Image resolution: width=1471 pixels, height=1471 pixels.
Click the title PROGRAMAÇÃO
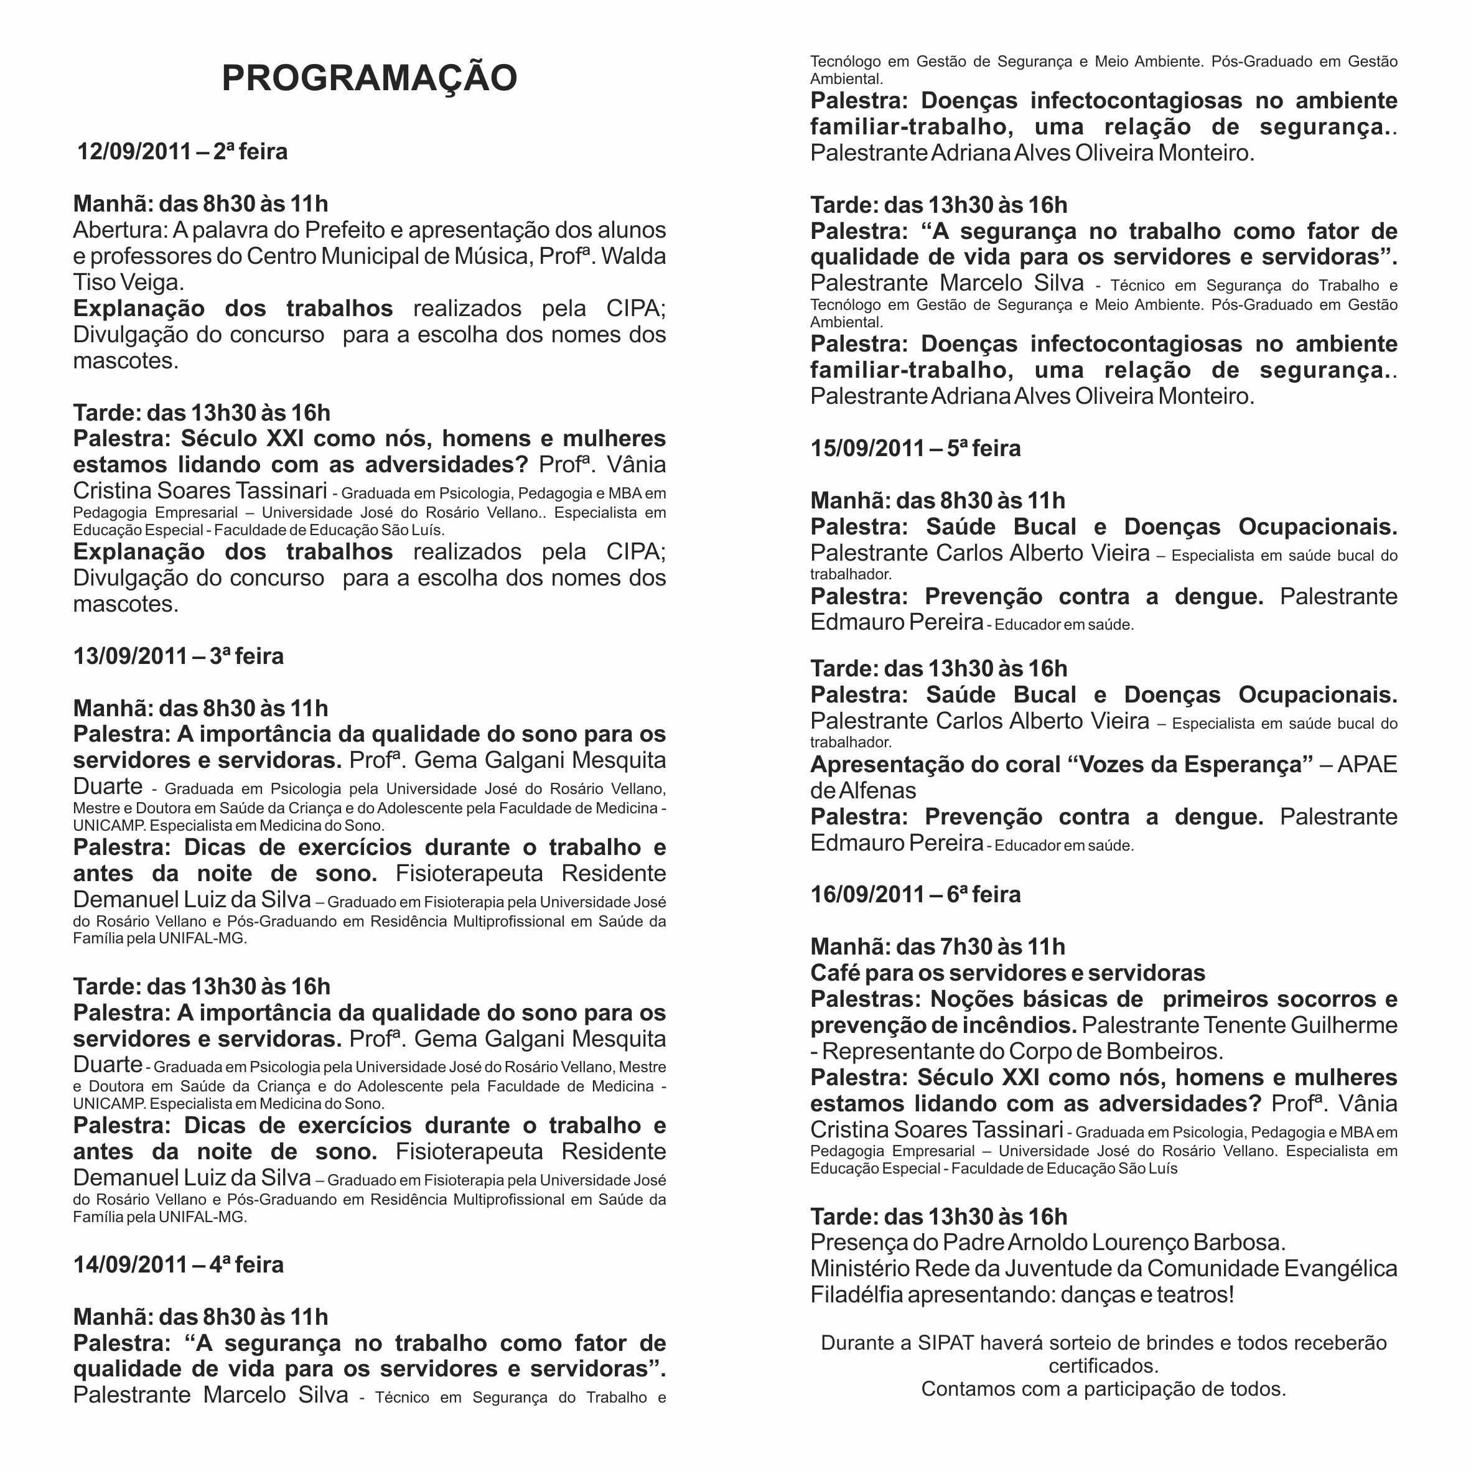point(369,78)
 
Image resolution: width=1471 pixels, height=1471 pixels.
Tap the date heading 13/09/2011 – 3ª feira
point(178,656)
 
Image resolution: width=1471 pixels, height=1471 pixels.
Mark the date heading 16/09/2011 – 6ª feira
point(915,894)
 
